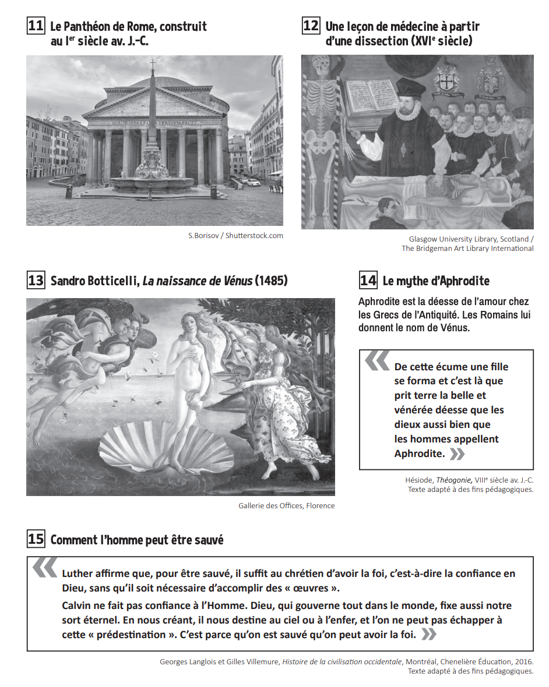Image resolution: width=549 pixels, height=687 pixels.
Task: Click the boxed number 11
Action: tap(36, 26)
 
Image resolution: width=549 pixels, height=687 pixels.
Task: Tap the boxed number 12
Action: tap(311, 26)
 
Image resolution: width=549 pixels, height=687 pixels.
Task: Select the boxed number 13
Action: tap(36, 280)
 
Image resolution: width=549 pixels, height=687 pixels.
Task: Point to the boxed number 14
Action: tap(368, 280)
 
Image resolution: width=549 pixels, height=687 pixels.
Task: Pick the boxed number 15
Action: tap(36, 539)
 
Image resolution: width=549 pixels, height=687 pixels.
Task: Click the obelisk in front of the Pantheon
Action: tap(153, 116)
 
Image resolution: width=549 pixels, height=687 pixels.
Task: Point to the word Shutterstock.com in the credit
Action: tap(254, 236)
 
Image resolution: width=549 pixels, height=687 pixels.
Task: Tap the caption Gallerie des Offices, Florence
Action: tap(286, 506)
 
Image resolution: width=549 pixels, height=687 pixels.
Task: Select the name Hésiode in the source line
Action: tap(419, 480)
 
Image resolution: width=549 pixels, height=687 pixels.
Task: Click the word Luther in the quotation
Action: tap(76, 573)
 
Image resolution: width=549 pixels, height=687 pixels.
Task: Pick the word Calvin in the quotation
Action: tap(77, 605)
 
